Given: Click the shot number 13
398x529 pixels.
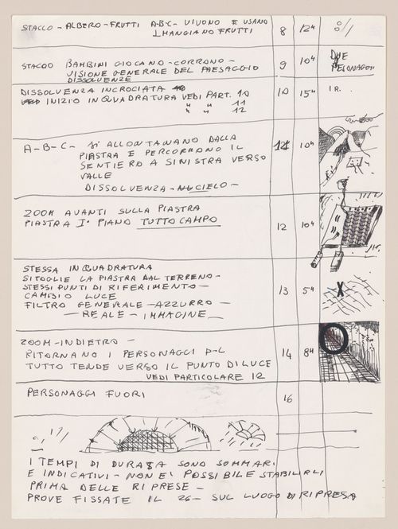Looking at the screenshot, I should tap(283, 290).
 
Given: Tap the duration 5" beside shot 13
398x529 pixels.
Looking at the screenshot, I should tap(306, 290).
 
